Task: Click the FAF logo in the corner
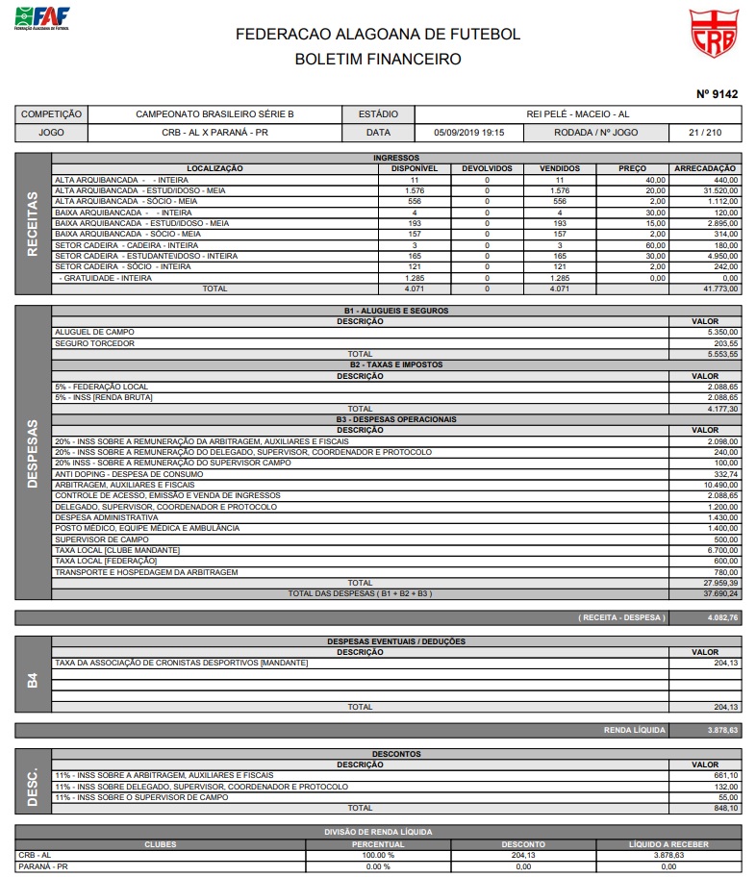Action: coord(42,17)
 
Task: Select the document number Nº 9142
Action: coord(717,94)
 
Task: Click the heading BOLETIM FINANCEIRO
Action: coord(377,59)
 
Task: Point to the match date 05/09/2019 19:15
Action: coord(469,133)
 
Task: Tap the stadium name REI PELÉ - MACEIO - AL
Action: coord(577,113)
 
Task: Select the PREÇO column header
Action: coord(632,169)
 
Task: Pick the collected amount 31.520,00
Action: coord(719,190)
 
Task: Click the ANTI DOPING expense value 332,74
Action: coord(724,474)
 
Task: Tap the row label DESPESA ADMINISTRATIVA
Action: coord(107,517)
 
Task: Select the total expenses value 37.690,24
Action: coord(719,593)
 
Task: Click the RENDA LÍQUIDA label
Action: coord(634,730)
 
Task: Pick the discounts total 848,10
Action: coord(724,808)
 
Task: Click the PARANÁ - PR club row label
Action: coord(40,866)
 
